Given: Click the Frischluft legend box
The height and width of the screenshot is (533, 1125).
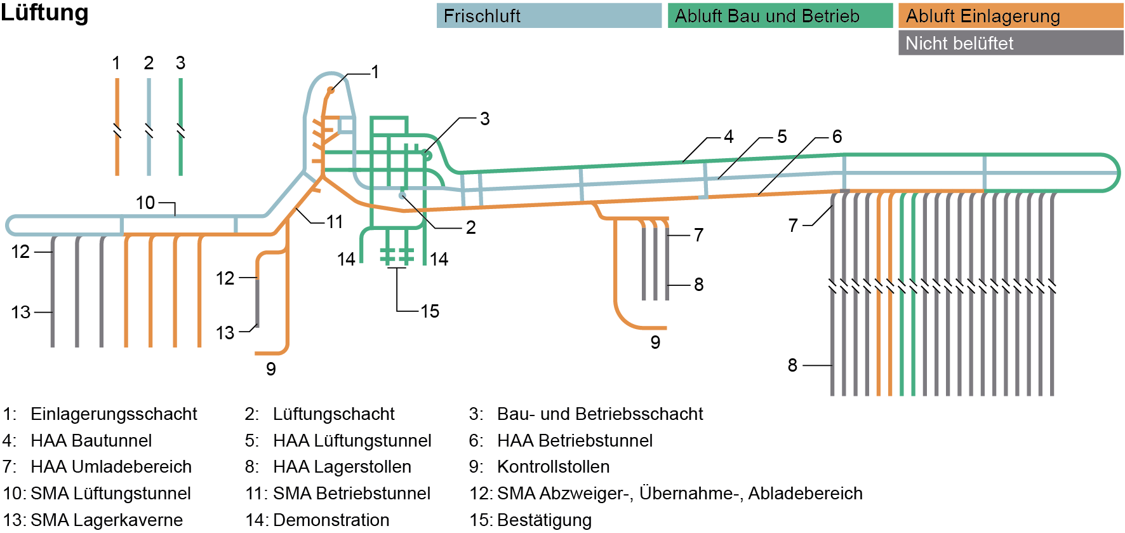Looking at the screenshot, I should pyautogui.click(x=549, y=16).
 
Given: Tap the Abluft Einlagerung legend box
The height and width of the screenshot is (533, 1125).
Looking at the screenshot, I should pyautogui.click(x=1010, y=16).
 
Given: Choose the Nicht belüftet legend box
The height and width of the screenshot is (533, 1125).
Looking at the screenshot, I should pyautogui.click(x=1010, y=43).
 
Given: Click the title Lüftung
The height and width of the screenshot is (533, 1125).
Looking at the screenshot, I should pyautogui.click(x=44, y=13).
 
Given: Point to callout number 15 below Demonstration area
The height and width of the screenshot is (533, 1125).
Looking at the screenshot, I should pyautogui.click(x=430, y=311).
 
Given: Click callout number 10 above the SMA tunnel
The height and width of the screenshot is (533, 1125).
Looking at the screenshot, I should pyautogui.click(x=145, y=203).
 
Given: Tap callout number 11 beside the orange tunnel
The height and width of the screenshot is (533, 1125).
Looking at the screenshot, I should pyautogui.click(x=335, y=222).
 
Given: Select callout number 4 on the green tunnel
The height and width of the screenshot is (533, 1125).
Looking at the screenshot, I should pyautogui.click(x=728, y=137).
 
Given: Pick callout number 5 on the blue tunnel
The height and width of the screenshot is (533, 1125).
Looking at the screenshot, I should pyautogui.click(x=782, y=137).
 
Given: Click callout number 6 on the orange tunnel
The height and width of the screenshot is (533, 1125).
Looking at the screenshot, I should pyautogui.click(x=837, y=137).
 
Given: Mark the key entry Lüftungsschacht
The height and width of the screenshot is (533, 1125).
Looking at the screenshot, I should pyautogui.click(x=334, y=414).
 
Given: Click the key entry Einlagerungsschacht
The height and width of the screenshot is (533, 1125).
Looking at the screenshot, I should pyautogui.click(x=114, y=414).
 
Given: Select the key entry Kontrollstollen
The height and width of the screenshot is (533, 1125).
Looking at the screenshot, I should pyautogui.click(x=553, y=467).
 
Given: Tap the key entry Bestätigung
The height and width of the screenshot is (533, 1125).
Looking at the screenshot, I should pyautogui.click(x=544, y=520).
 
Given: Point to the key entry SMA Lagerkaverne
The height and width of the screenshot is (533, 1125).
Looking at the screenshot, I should pyautogui.click(x=107, y=520).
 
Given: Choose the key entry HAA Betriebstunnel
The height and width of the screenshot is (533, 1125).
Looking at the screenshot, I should pyautogui.click(x=575, y=441).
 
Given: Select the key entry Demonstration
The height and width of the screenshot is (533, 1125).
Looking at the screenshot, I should pyautogui.click(x=331, y=520).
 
